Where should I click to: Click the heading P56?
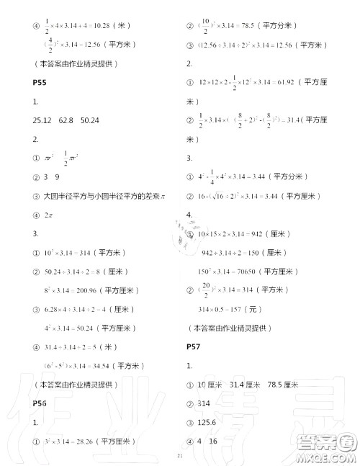(40, 403)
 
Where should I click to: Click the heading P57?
(193, 346)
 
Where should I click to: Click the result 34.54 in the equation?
(107, 364)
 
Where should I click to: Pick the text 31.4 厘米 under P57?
(239, 385)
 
